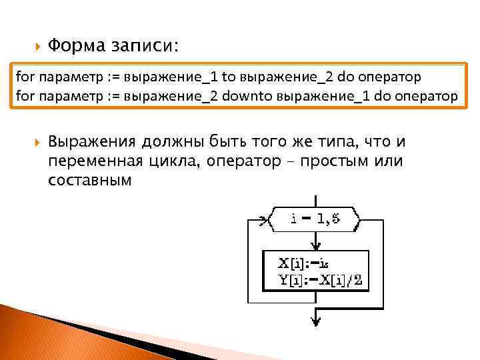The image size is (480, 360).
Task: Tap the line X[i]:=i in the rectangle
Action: pyautogui.click(x=303, y=263)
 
